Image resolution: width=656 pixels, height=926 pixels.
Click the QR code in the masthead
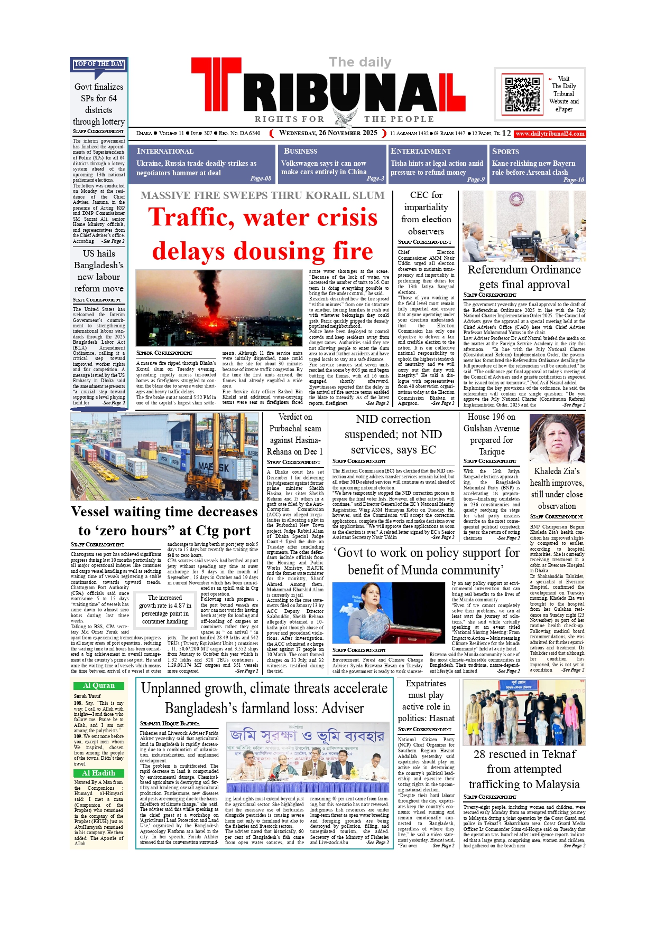(x=522, y=94)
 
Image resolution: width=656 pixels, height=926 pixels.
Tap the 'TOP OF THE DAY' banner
(x=99, y=64)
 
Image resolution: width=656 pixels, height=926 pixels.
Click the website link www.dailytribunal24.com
(x=550, y=134)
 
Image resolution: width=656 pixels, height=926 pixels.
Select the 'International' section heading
(x=165, y=151)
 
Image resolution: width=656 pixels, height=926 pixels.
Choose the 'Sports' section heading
(x=505, y=151)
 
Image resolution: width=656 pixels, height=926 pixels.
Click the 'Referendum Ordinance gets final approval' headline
(x=524, y=277)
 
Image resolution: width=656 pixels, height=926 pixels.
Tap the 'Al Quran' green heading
(x=99, y=685)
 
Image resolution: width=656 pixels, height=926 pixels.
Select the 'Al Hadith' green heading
(x=99, y=773)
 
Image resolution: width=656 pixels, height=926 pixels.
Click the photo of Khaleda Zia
(x=557, y=439)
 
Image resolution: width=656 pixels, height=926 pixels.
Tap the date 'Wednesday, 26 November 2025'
(x=328, y=133)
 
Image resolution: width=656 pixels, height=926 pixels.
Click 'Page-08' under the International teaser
(x=261, y=178)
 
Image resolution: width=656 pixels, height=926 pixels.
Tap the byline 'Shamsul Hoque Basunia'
(x=170, y=723)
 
